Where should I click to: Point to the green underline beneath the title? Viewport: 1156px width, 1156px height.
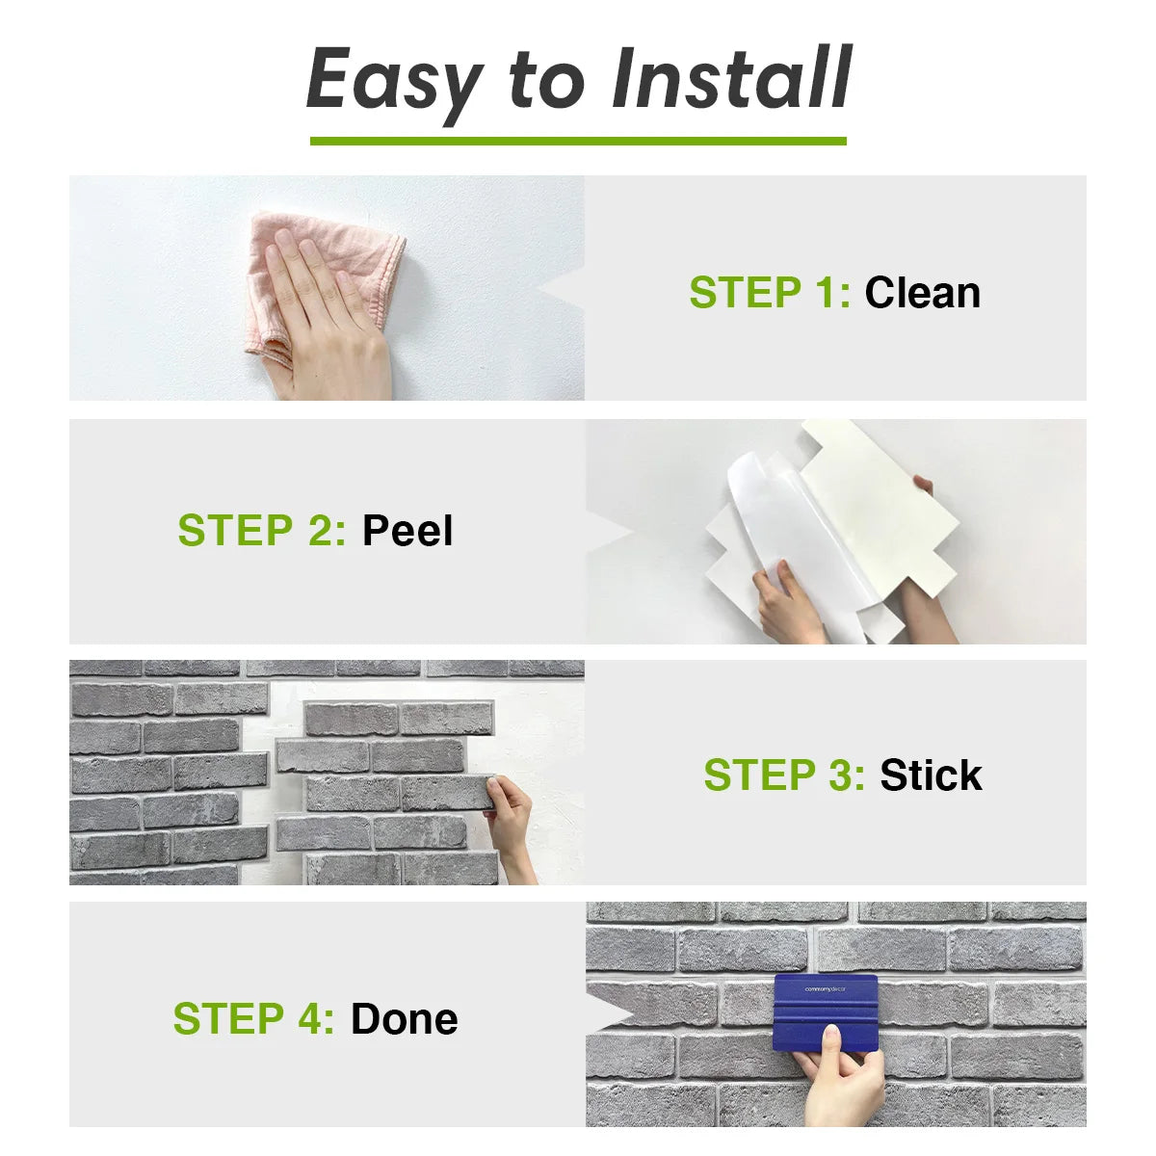[578, 141]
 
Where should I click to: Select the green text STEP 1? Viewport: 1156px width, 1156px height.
[770, 293]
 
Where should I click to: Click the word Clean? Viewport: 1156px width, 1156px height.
[922, 293]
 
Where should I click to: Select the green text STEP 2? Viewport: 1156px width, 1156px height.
[261, 531]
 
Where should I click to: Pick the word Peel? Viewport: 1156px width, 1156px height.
[407, 531]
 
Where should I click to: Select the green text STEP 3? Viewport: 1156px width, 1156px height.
[784, 775]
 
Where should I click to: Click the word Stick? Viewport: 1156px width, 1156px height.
[931, 775]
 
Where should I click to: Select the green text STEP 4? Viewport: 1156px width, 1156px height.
[253, 1019]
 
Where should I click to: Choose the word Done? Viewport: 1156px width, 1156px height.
[404, 1019]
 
